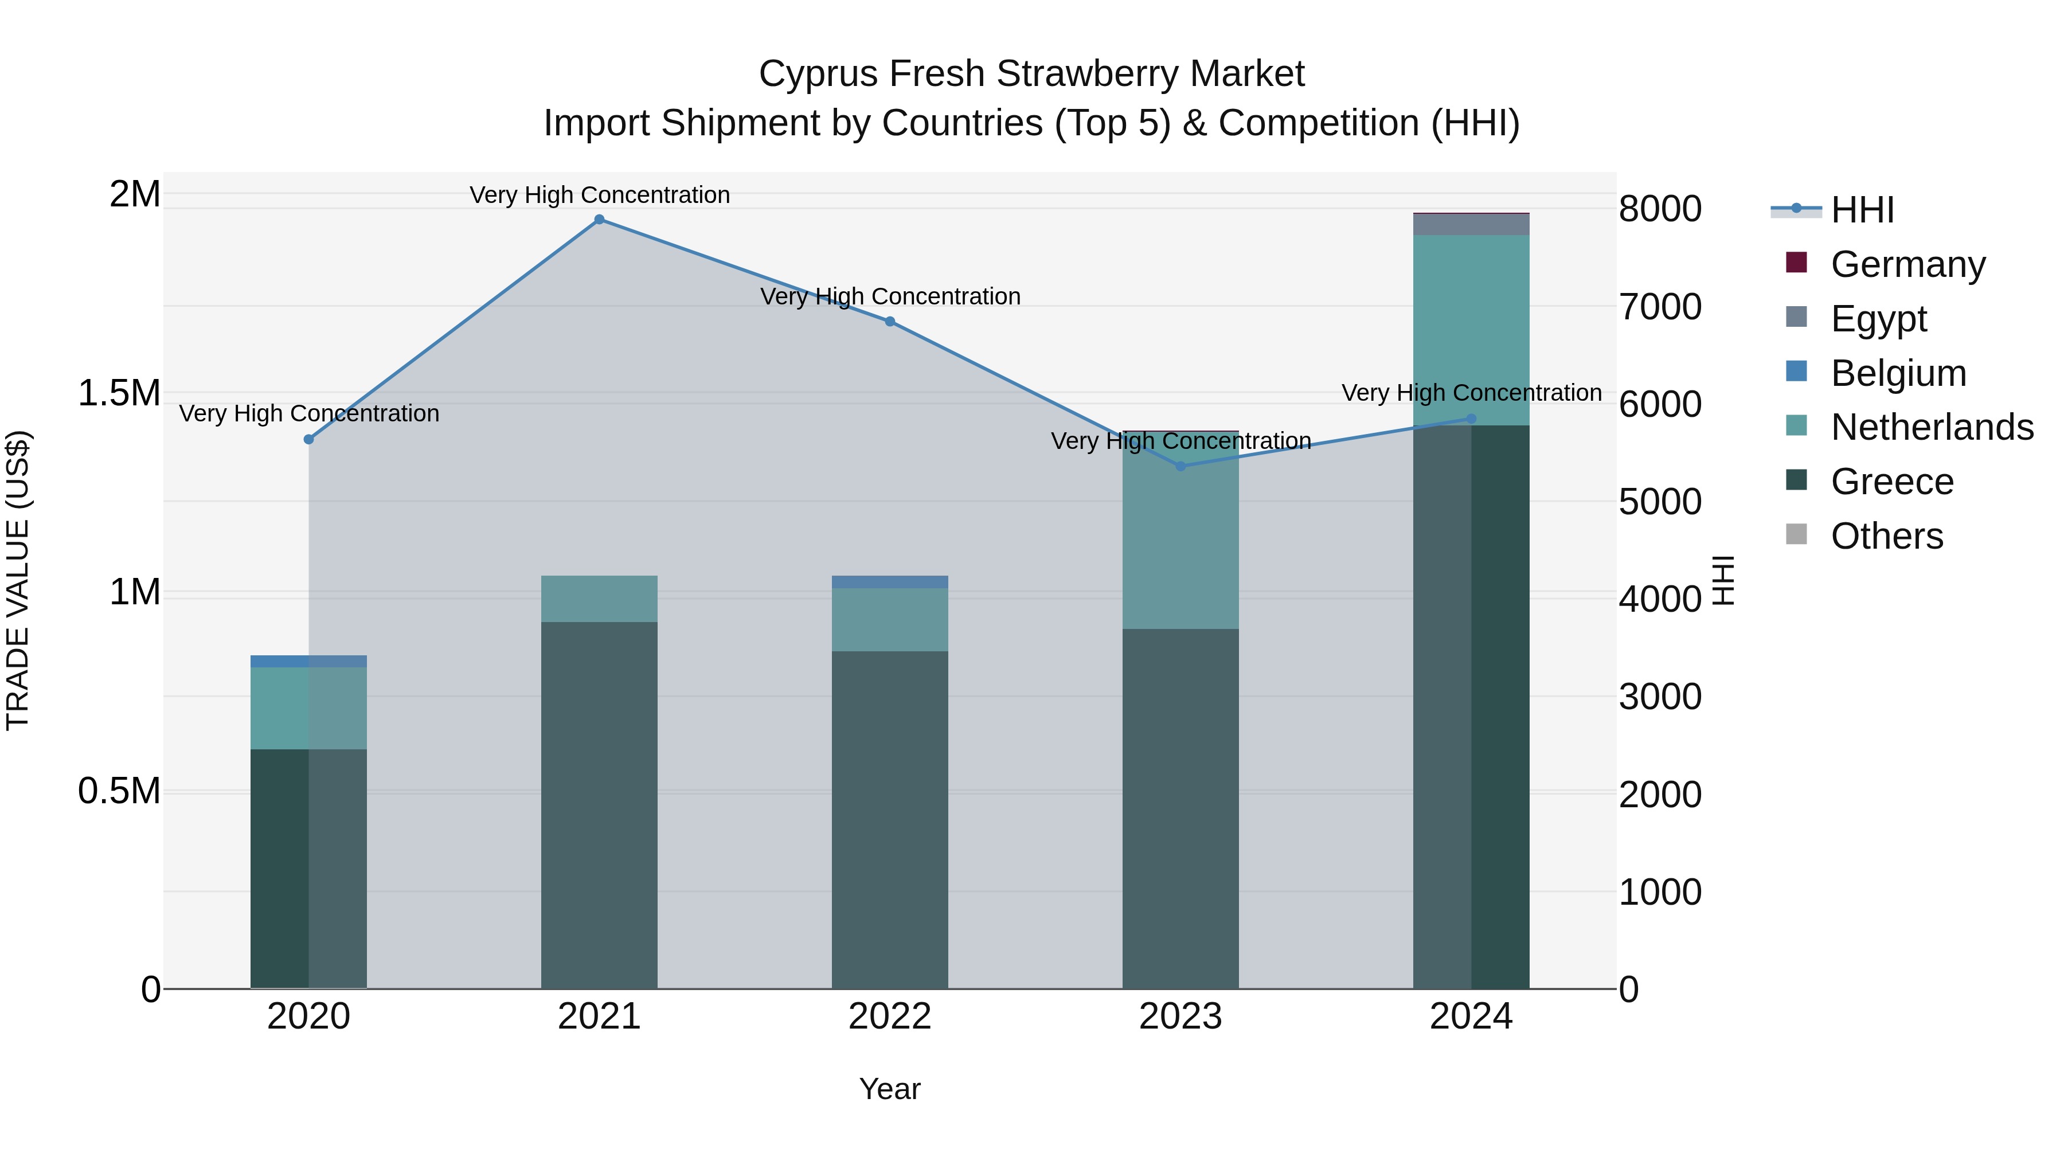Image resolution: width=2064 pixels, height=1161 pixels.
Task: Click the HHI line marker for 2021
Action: tap(599, 220)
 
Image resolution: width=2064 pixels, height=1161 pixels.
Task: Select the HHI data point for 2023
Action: tap(1180, 466)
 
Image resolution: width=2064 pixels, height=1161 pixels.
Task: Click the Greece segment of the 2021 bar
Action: tap(599, 802)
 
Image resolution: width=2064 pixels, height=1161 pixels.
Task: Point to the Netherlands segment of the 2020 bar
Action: tap(308, 708)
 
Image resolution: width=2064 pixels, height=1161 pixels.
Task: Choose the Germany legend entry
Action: tap(1907, 264)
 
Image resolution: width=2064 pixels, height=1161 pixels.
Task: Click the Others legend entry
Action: tap(1886, 536)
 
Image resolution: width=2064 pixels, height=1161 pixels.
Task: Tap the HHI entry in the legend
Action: tap(1862, 210)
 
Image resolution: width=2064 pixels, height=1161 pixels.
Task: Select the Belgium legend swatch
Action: tap(1796, 372)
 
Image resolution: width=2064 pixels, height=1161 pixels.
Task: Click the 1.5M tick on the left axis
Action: tap(119, 393)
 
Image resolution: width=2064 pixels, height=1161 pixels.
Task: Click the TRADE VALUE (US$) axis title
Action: tap(18, 580)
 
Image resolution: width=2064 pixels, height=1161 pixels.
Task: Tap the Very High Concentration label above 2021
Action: tap(599, 195)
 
